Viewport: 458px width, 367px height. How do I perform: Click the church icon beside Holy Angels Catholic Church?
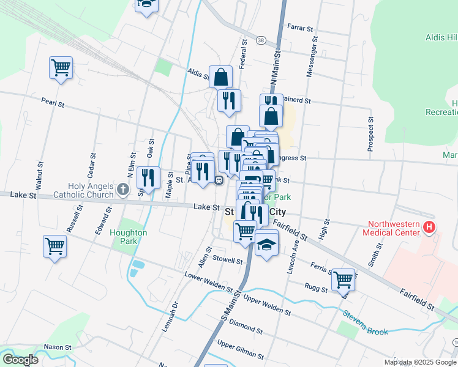tap(122, 189)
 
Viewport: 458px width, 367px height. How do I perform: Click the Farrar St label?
tap(300, 27)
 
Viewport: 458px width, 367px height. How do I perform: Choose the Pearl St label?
tap(53, 103)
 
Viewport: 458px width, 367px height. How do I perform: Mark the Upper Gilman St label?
tap(240, 350)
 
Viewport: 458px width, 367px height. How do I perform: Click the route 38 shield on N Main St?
tap(261, 40)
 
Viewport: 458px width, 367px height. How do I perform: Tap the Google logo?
tap(20, 360)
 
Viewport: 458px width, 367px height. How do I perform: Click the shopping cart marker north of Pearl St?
tap(61, 67)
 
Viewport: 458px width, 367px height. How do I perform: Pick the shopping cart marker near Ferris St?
tap(343, 280)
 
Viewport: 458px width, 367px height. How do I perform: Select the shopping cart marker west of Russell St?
tap(55, 247)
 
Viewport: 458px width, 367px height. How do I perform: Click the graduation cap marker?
tap(266, 245)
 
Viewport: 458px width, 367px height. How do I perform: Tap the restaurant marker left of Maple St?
tap(148, 177)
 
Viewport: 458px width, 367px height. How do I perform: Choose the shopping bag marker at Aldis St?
tap(221, 77)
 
